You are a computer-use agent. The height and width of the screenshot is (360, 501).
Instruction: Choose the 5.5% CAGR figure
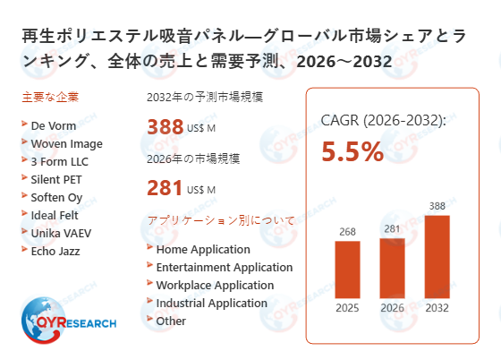tap(352, 151)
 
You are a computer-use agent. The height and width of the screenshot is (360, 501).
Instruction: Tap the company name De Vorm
tap(53, 126)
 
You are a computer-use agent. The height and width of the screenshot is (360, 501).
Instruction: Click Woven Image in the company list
tap(66, 144)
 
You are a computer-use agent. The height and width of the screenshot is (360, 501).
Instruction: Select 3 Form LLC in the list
tap(60, 161)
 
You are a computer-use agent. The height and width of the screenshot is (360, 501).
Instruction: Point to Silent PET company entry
tap(58, 179)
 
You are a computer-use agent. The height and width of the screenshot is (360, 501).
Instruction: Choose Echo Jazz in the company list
tap(55, 250)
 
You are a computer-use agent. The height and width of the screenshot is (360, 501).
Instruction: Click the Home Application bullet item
tap(202, 250)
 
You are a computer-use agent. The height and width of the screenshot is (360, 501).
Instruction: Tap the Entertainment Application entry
tap(224, 267)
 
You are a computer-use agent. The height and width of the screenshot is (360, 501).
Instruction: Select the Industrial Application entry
tap(211, 303)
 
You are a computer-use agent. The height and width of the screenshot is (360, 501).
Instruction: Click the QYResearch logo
tap(66, 321)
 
